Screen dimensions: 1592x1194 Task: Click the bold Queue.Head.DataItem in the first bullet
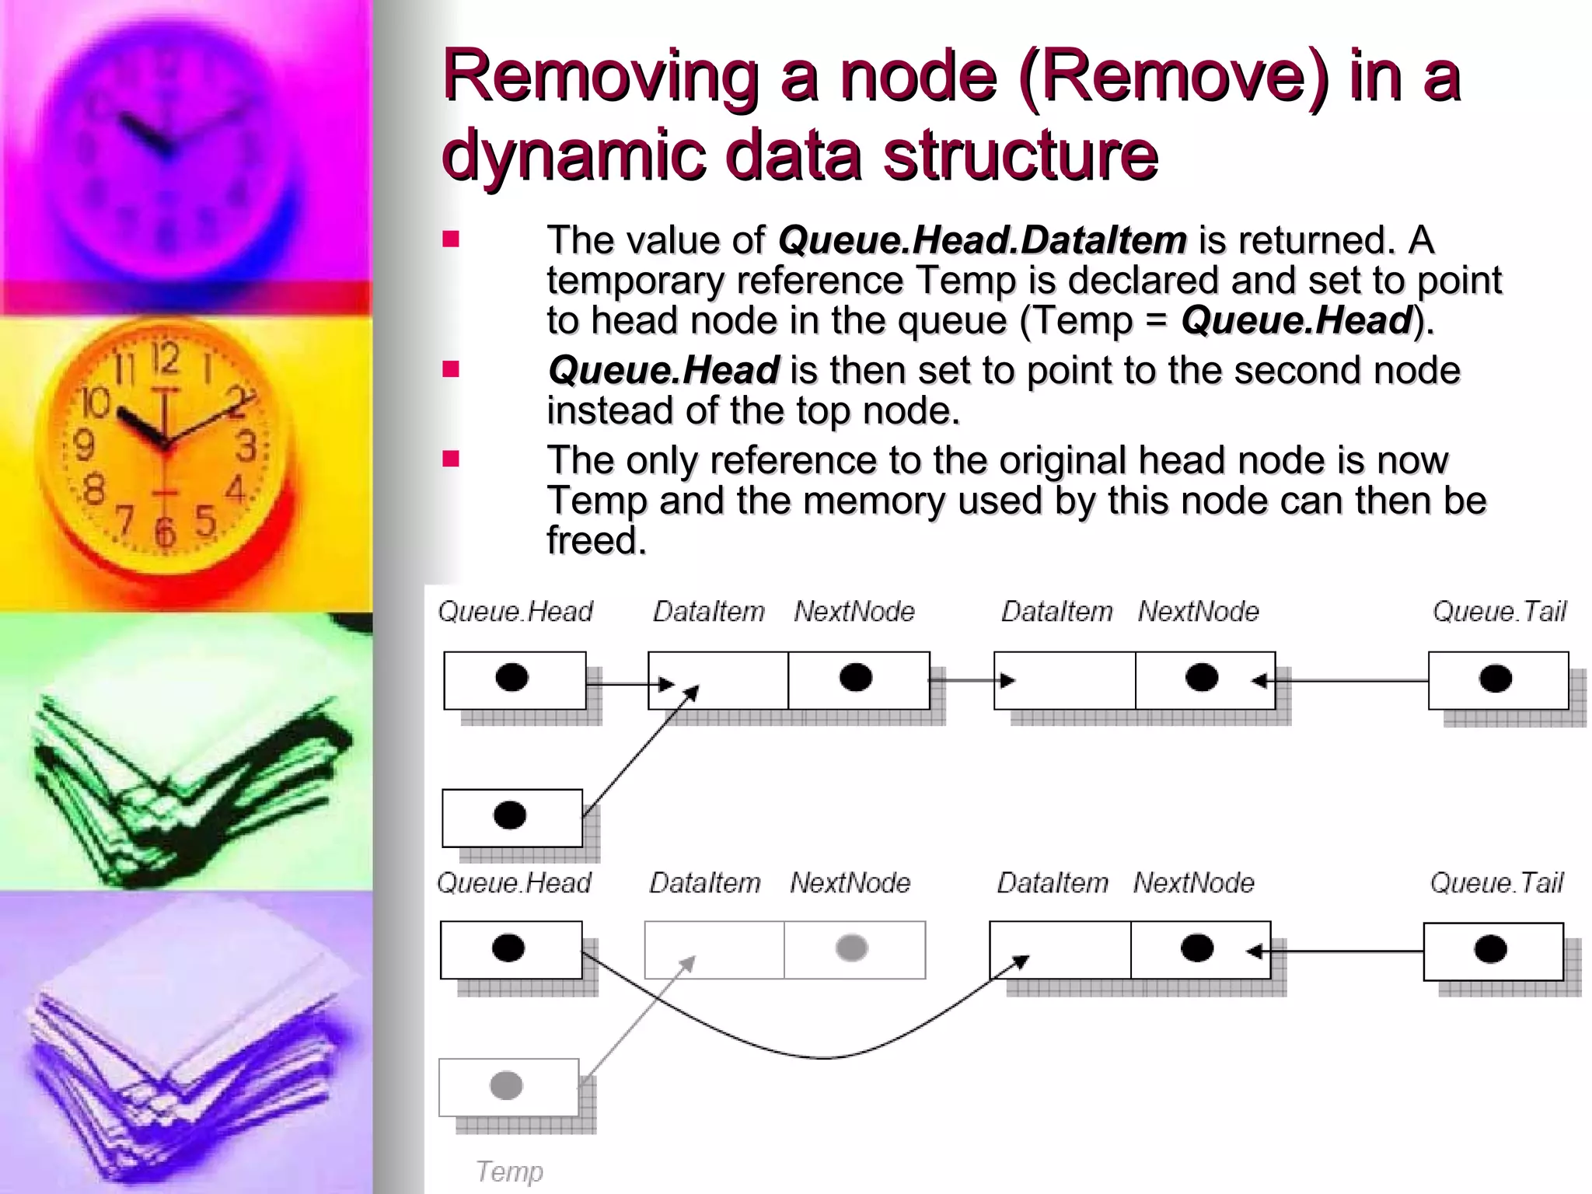pos(982,240)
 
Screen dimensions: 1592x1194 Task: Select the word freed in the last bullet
pos(595,540)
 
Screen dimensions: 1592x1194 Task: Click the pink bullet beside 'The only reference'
pos(451,459)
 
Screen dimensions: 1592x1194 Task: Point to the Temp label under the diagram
pos(509,1171)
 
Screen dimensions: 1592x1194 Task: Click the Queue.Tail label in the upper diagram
pos(1499,612)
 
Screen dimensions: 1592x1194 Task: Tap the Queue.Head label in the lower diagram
pos(514,883)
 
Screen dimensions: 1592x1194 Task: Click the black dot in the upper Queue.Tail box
pos(1495,679)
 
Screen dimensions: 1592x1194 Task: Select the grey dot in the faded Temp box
pos(506,1085)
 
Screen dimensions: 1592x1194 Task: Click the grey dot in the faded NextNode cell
pos(851,948)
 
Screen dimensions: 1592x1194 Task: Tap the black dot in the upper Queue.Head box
pos(511,678)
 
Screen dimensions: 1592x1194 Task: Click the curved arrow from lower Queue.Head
pos(816,1056)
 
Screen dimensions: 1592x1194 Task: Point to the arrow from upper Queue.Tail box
pos(1345,681)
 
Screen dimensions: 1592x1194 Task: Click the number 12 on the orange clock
pos(165,359)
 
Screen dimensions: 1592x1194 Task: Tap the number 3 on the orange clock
pos(246,447)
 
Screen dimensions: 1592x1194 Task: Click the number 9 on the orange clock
pos(84,446)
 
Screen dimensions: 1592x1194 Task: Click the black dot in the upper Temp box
pos(510,815)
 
